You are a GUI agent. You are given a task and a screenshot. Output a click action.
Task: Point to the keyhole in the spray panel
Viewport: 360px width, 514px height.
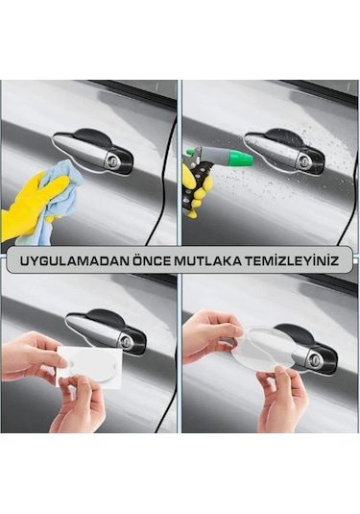point(303,159)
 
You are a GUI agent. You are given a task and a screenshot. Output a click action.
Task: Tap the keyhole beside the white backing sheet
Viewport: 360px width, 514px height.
point(125,340)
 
